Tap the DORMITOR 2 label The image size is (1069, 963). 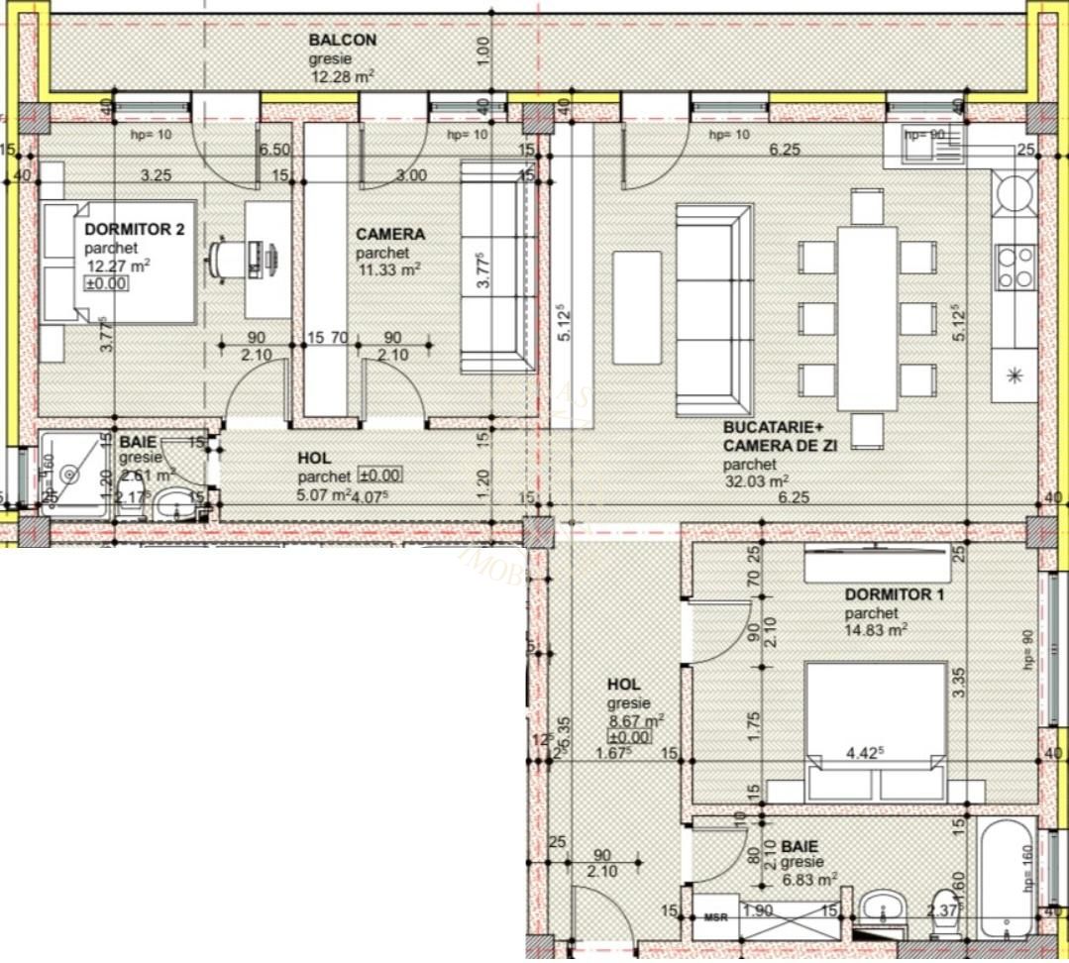point(134,230)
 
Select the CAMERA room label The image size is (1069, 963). point(390,235)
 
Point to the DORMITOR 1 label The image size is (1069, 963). point(894,595)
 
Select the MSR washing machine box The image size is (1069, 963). point(715,916)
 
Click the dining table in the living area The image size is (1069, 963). point(867,317)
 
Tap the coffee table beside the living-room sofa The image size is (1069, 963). point(636,308)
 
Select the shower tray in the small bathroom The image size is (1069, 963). point(70,475)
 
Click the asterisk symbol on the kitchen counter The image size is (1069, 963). point(1014,374)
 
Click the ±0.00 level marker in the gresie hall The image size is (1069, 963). point(628,737)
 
